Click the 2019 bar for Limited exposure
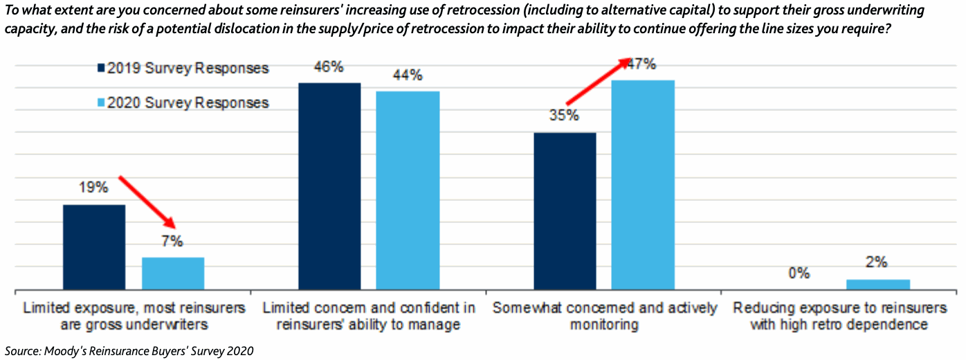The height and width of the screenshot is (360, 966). (x=94, y=247)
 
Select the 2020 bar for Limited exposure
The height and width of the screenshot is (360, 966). (x=173, y=273)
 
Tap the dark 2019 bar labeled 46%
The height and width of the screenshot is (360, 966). (x=329, y=186)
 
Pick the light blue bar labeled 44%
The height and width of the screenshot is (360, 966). (x=408, y=190)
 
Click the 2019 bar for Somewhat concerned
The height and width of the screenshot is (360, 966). (x=565, y=211)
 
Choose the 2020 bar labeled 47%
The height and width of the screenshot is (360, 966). (x=643, y=185)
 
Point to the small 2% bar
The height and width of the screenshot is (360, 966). (x=878, y=285)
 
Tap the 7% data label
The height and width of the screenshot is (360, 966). (x=173, y=242)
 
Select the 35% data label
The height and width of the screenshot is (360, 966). (x=565, y=116)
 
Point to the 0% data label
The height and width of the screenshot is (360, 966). (x=799, y=273)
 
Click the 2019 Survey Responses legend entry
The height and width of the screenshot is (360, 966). (x=183, y=69)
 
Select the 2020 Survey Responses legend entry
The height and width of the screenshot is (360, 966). (x=183, y=103)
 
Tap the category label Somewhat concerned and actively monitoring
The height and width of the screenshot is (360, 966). (x=604, y=316)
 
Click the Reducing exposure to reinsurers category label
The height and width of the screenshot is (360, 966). (x=839, y=316)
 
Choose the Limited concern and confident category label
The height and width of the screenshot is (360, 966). (x=369, y=316)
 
